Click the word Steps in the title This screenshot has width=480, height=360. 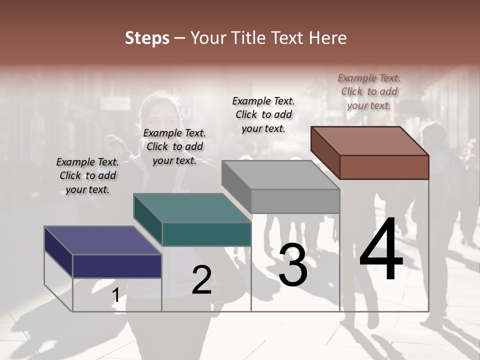click(147, 38)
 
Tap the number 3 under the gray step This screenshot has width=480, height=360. click(292, 264)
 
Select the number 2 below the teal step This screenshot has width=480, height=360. click(201, 280)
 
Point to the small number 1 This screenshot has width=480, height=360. click(115, 295)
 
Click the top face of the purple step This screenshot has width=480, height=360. click(102, 240)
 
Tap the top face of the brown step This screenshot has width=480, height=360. click(370, 140)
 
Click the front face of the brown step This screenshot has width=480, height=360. click(384, 167)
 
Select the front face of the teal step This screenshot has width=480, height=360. click(206, 234)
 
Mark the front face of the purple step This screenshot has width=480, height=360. click(117, 266)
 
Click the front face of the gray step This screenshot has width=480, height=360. click(295, 201)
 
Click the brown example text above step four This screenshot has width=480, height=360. click(369, 91)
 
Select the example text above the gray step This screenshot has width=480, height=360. click(263, 114)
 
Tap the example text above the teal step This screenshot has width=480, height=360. click(174, 146)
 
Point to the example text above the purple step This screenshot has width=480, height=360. click(87, 175)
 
